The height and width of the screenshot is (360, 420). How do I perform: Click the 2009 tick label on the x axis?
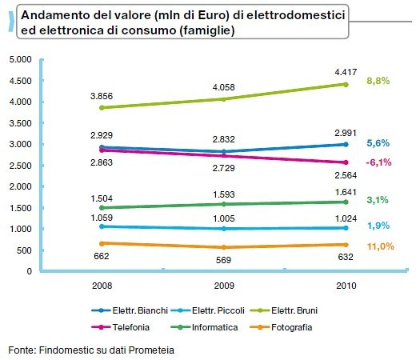[224, 286]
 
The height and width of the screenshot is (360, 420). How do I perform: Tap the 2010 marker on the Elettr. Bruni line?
[345, 84]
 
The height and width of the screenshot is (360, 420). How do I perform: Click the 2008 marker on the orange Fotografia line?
[102, 243]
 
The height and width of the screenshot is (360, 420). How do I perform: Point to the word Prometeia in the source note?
[150, 350]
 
